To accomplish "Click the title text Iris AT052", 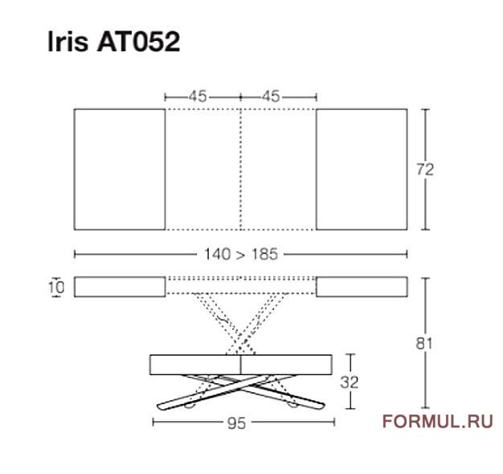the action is click(114, 42).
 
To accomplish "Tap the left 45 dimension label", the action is click(198, 96).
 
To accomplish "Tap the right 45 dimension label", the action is click(271, 96).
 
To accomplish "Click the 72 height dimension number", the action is click(425, 170).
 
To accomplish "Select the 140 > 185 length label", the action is click(241, 255).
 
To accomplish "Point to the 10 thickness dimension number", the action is click(56, 287).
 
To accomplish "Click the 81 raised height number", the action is click(424, 344).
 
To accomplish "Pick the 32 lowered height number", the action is click(350, 382).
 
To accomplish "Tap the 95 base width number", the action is click(236, 423).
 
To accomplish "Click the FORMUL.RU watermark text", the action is click(438, 422).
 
